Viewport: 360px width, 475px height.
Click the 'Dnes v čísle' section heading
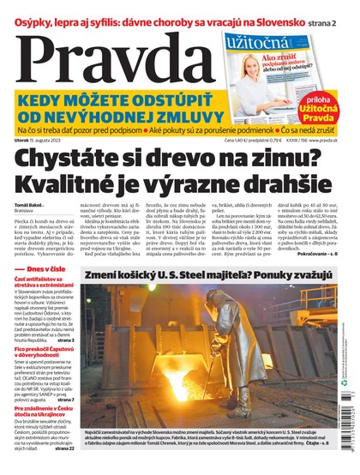coord(46,292)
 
